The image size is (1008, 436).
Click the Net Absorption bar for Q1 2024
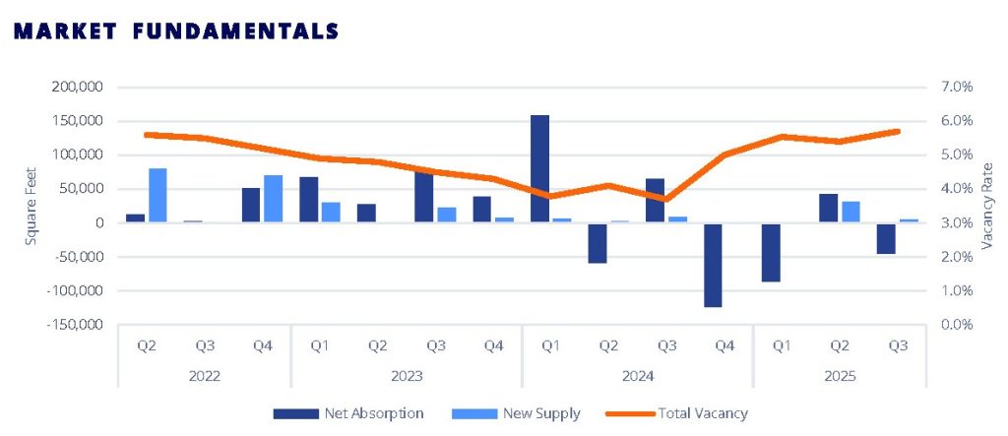[539, 169]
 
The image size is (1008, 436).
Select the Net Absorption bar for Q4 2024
[714, 265]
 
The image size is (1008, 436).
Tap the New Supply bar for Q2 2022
[157, 196]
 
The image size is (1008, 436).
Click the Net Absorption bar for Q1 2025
[771, 252]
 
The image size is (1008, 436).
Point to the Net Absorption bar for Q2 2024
[598, 243]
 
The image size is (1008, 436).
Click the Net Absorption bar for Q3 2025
[886, 238]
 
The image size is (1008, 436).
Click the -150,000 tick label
[75, 325]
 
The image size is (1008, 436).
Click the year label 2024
[637, 376]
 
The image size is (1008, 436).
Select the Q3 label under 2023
[435, 345]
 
